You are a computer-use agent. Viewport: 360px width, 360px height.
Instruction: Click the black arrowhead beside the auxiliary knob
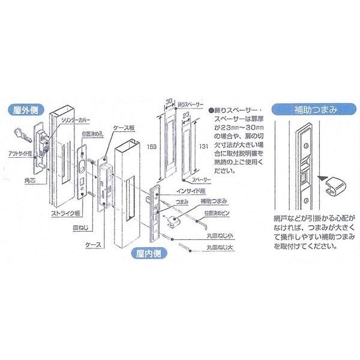(321, 177)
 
